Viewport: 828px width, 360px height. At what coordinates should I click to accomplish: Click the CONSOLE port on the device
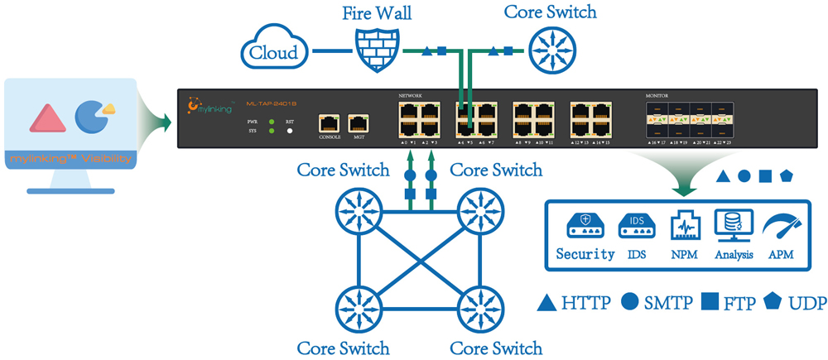point(330,123)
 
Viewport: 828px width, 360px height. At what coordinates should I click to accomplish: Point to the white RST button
point(290,132)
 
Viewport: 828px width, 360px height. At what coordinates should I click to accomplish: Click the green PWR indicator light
point(272,122)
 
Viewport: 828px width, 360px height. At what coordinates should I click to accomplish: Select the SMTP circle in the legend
point(630,302)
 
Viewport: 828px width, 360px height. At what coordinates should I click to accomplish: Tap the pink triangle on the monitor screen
point(48,118)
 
